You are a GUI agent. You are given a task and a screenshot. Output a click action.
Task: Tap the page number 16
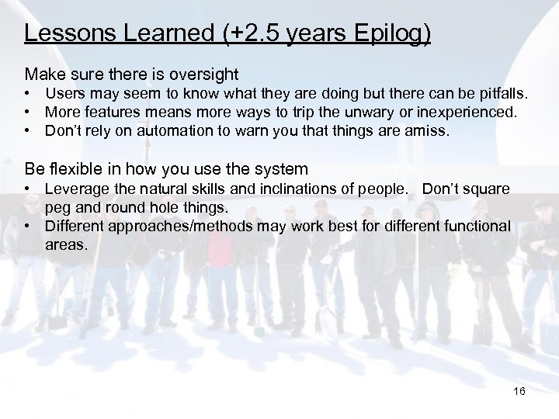pyautogui.click(x=519, y=392)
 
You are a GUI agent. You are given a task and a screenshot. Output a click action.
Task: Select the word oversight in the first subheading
pyautogui.click(x=203, y=74)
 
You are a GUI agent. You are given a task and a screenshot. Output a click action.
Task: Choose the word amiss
pyautogui.click(x=428, y=130)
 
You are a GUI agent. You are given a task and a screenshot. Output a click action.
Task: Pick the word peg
pyautogui.click(x=57, y=207)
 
